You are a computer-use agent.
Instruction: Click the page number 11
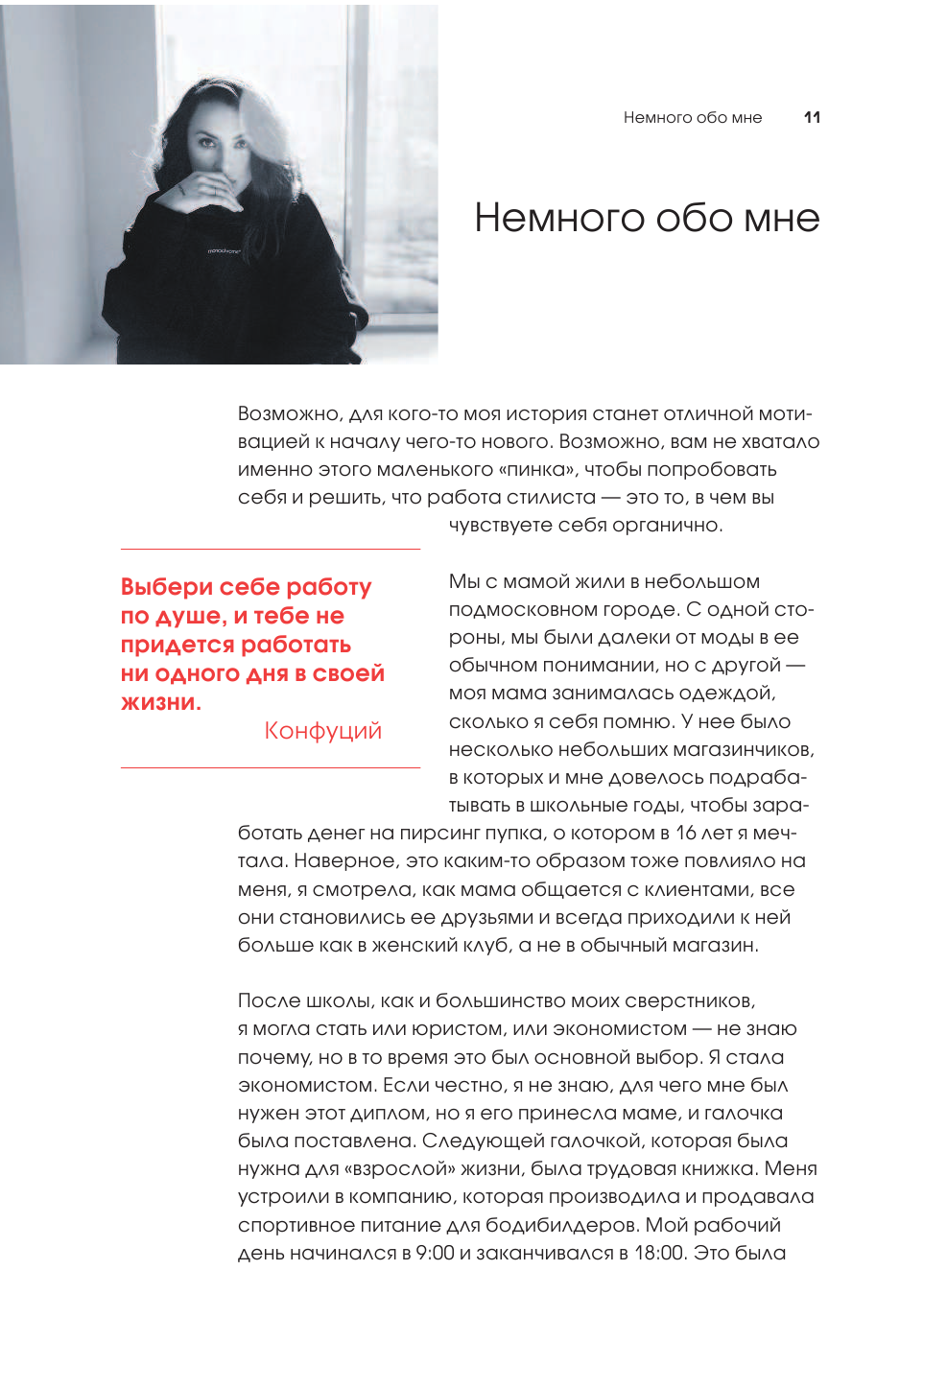pyautogui.click(x=812, y=117)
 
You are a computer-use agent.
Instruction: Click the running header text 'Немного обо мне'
pyautogui.click(x=692, y=117)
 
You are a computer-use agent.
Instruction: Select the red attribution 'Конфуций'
pyautogui.click(x=322, y=731)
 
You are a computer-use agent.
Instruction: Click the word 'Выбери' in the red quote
pyautogui.click(x=166, y=587)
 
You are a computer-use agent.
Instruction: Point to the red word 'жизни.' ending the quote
pyautogui.click(x=160, y=702)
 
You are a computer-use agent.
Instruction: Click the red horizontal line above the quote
pyautogui.click(x=270, y=549)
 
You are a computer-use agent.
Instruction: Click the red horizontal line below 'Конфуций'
pyautogui.click(x=270, y=767)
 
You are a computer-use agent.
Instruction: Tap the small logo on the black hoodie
pyautogui.click(x=225, y=251)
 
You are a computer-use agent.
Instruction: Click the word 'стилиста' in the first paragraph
pyautogui.click(x=552, y=498)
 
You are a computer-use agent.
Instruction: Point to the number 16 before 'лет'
pyautogui.click(x=686, y=833)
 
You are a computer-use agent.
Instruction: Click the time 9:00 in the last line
pyautogui.click(x=435, y=1253)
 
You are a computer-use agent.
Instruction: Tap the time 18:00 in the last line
pyautogui.click(x=659, y=1253)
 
